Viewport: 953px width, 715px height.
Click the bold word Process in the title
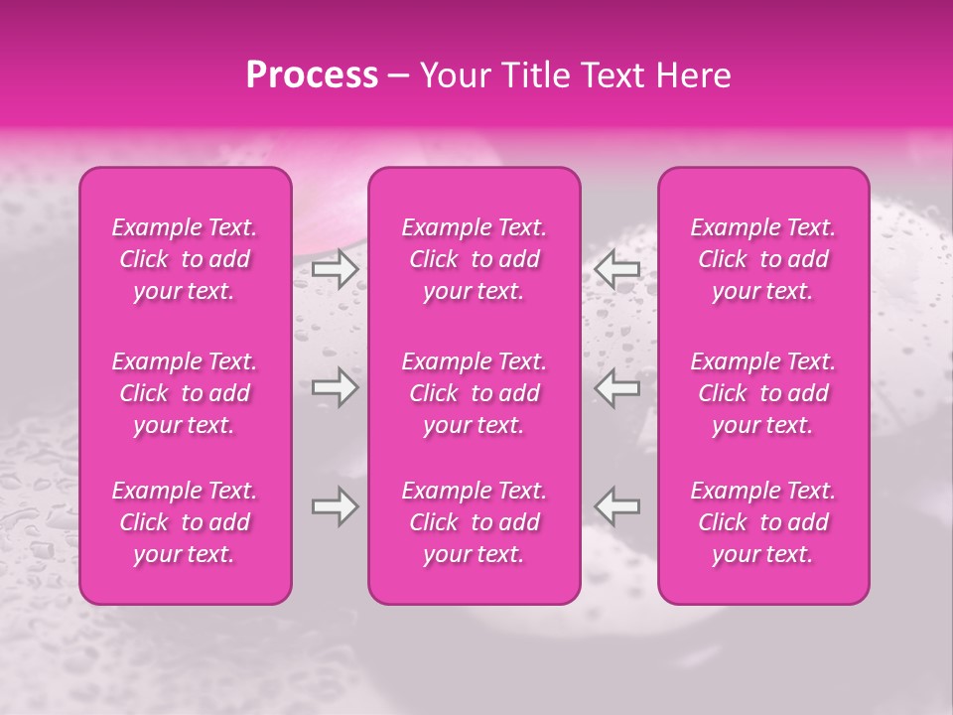312,75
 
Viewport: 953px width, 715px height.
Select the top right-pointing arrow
335,268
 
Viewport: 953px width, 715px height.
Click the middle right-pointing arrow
335,387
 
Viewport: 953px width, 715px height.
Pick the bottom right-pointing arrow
335,506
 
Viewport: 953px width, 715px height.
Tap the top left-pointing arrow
616,268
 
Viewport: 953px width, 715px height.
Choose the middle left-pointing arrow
616,387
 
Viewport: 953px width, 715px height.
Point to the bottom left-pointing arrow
616,506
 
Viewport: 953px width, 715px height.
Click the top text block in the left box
185,259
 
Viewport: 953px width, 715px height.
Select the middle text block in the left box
185,393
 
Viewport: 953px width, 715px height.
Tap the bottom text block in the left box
185,522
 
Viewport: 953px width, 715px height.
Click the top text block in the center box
475,259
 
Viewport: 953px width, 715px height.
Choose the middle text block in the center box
475,393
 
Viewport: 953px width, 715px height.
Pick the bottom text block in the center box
475,522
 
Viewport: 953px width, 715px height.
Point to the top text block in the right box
763,259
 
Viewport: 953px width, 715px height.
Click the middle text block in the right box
763,393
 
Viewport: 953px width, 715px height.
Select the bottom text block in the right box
763,522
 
